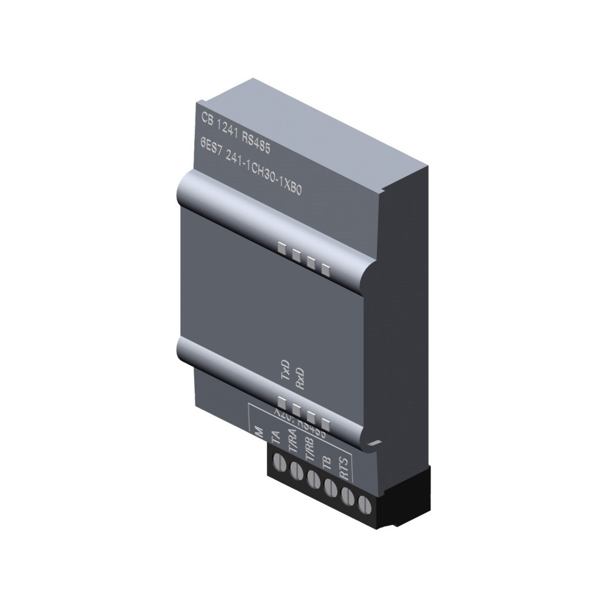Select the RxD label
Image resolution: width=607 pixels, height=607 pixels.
coord(299,377)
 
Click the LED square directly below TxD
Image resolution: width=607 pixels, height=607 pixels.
coord(282,402)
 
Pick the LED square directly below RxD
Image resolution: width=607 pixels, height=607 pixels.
coord(297,408)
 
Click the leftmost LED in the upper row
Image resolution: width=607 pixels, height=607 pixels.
coord(282,249)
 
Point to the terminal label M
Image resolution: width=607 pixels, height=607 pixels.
coord(259,433)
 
